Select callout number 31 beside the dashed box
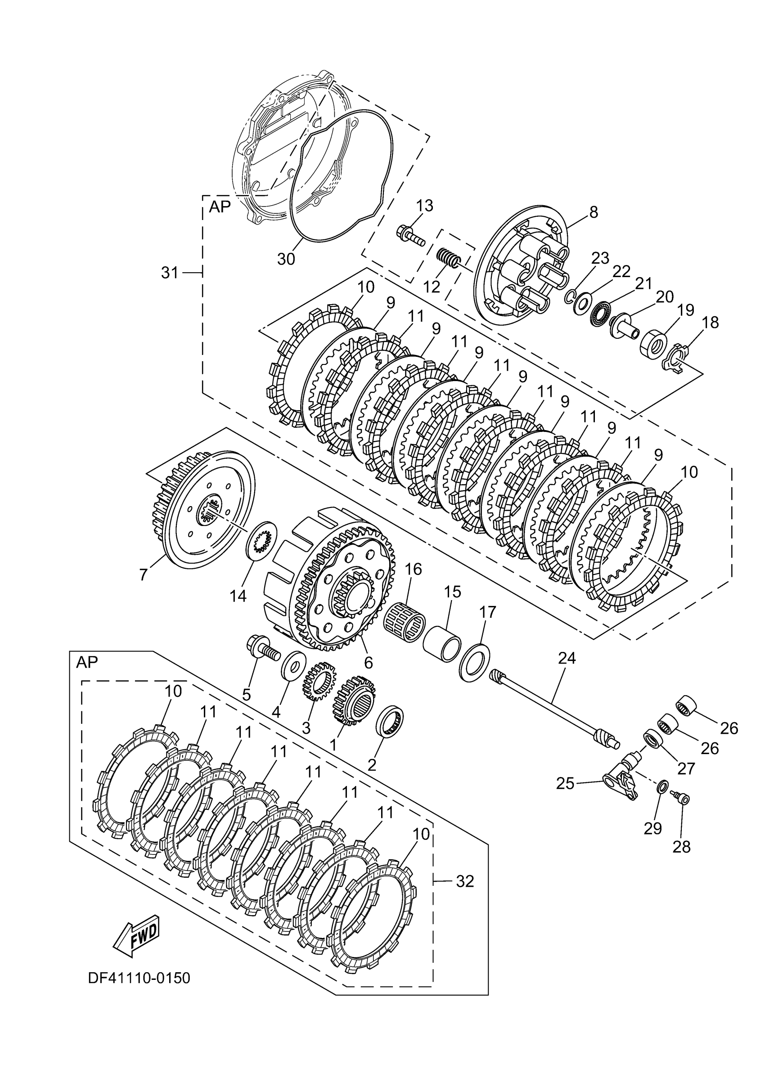point(170,272)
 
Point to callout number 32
point(465,881)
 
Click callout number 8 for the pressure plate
point(594,212)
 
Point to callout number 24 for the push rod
point(567,658)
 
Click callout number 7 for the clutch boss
point(143,574)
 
